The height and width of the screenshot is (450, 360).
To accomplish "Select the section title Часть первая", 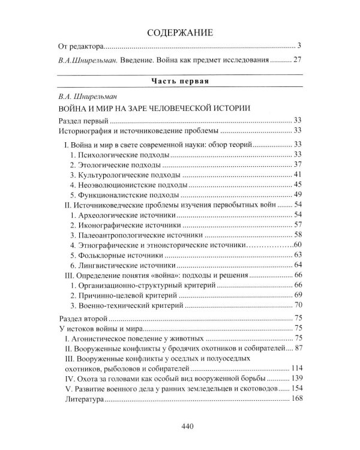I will pos(179,80).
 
